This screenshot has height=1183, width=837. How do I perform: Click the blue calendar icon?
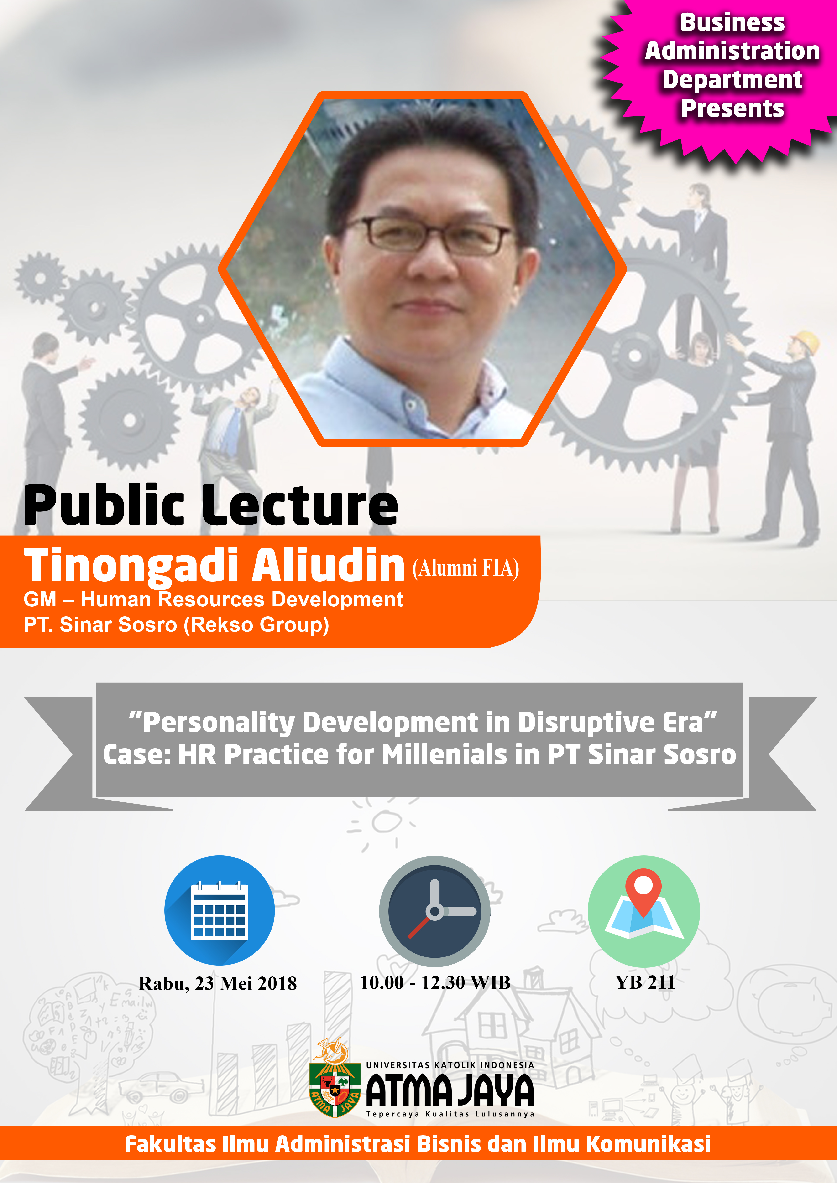click(x=220, y=910)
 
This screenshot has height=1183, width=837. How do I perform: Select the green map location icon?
click(x=644, y=911)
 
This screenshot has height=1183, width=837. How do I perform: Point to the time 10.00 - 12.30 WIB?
click(x=435, y=982)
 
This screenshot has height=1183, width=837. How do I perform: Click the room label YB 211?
click(x=645, y=982)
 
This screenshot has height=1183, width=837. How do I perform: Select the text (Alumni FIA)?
click(x=466, y=568)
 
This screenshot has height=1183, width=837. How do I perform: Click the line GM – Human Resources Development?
click(x=213, y=600)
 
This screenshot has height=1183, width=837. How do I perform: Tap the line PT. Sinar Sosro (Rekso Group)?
click(x=176, y=625)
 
